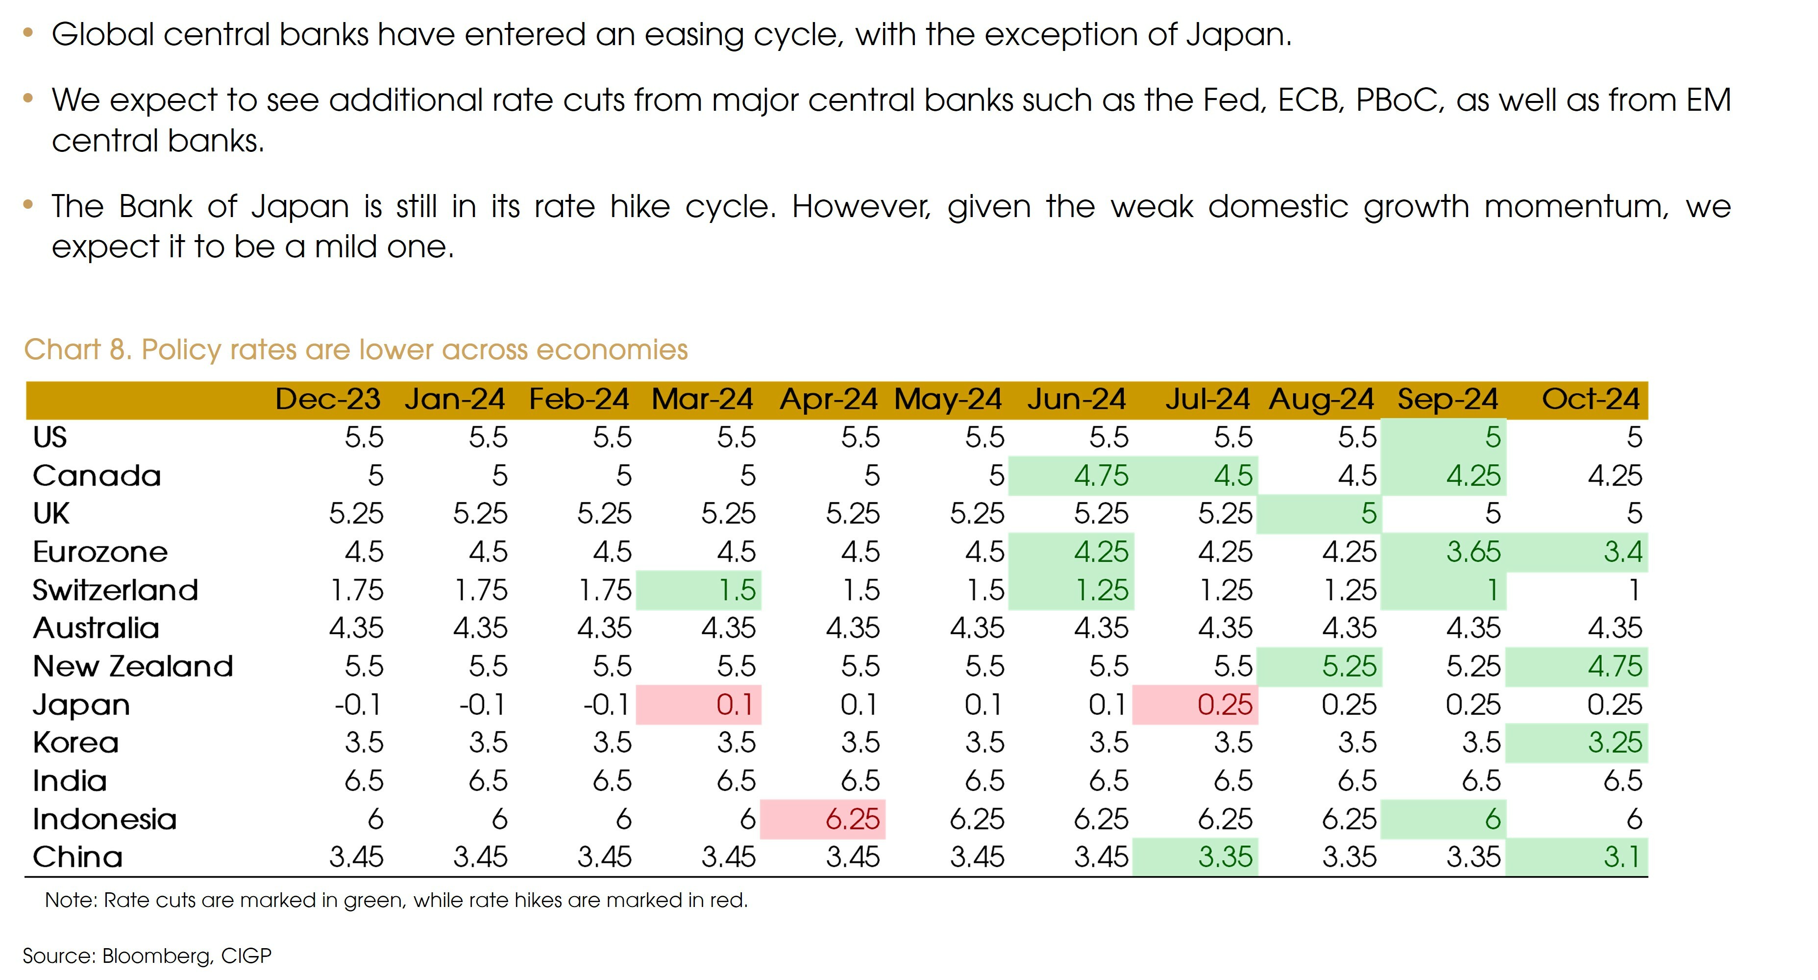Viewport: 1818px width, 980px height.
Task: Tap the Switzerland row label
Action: (x=115, y=590)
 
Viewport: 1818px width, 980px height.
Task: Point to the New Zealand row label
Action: (x=133, y=666)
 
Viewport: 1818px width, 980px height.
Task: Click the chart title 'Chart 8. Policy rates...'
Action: (x=356, y=350)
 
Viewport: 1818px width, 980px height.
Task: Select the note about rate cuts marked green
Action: (x=396, y=900)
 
